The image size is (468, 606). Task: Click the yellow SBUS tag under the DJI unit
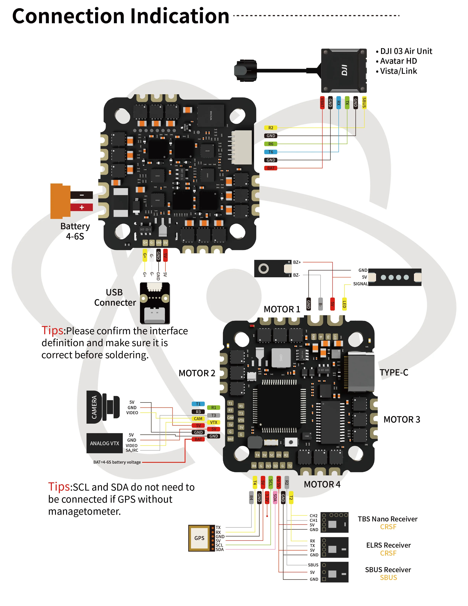pos(364,103)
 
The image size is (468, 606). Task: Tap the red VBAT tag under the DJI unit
pos(322,103)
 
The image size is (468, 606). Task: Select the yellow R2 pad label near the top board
pos(271,128)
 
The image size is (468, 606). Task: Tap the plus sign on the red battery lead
pos(82,207)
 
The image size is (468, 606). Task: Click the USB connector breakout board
pos(155,303)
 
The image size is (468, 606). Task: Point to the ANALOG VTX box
pos(105,443)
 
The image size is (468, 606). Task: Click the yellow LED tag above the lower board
pos(344,304)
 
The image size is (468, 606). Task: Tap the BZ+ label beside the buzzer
pos(297,262)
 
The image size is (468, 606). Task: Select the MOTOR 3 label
pos(402,420)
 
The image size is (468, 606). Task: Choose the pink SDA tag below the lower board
pos(275,497)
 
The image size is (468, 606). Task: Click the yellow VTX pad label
pos(213,422)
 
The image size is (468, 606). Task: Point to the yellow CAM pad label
pos(198,419)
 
